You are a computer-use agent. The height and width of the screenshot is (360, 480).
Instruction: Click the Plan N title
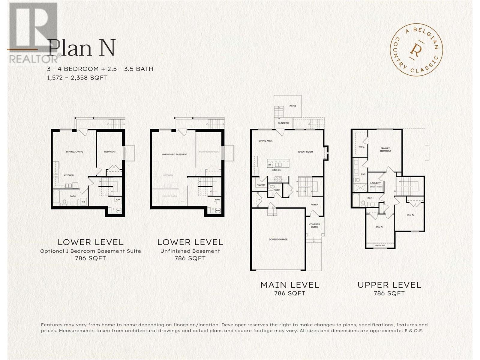[x=81, y=48]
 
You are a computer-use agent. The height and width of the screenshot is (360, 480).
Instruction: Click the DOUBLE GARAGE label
[x=278, y=239]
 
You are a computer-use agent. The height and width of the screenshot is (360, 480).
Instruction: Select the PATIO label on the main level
[x=292, y=106]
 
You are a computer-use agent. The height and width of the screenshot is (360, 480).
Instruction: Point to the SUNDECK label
[x=283, y=123]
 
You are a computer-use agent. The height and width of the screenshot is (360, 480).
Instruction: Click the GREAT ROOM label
[x=305, y=152]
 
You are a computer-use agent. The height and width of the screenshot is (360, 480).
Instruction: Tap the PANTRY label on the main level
[x=261, y=185]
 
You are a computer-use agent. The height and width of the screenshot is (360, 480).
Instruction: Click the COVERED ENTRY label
[x=314, y=226]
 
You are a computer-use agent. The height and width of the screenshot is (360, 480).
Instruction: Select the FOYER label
[x=314, y=205]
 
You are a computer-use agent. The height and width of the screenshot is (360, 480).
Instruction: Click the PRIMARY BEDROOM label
[x=385, y=149]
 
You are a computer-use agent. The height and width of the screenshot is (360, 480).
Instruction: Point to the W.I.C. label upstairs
[x=361, y=147]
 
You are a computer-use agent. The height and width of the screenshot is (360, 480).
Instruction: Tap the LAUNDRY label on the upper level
[x=375, y=183]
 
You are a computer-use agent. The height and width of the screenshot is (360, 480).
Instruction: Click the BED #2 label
[x=410, y=215]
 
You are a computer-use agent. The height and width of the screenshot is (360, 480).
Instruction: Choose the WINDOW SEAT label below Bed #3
[x=380, y=245]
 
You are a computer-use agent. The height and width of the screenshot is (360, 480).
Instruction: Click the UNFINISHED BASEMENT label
[x=175, y=154]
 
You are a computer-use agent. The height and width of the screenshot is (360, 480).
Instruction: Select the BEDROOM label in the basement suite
[x=110, y=152]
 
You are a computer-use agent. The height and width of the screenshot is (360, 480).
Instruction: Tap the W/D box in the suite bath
[x=83, y=202]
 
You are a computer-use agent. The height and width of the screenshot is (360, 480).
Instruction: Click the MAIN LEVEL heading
[x=289, y=285]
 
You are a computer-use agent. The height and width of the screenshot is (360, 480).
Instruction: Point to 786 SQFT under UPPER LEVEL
[x=389, y=293]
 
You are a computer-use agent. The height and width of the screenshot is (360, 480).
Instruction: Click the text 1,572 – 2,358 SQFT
[x=77, y=78]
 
